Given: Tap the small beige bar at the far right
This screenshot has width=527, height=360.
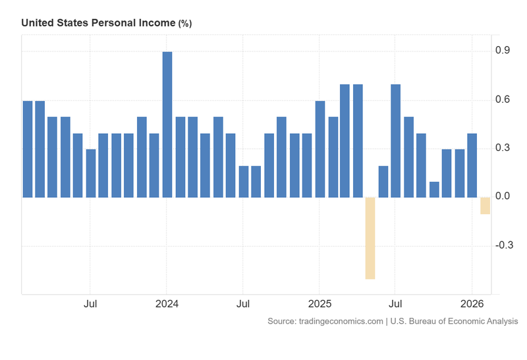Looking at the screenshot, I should (485, 205).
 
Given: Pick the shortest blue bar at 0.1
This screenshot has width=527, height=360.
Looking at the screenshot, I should (434, 189).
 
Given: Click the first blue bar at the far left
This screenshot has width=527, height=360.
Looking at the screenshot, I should (27, 149).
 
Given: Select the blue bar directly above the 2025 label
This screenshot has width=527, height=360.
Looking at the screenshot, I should (320, 149).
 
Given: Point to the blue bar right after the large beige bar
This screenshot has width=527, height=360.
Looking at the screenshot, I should (383, 181).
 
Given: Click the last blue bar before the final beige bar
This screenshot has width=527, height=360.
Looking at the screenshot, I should (472, 165).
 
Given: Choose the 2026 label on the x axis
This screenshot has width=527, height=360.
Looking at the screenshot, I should (472, 304).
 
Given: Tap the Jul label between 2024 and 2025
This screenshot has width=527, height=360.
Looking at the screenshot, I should (243, 304).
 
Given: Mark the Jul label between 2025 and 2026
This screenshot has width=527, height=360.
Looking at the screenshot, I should (395, 304).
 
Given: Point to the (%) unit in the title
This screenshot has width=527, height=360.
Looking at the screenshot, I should (184, 23).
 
